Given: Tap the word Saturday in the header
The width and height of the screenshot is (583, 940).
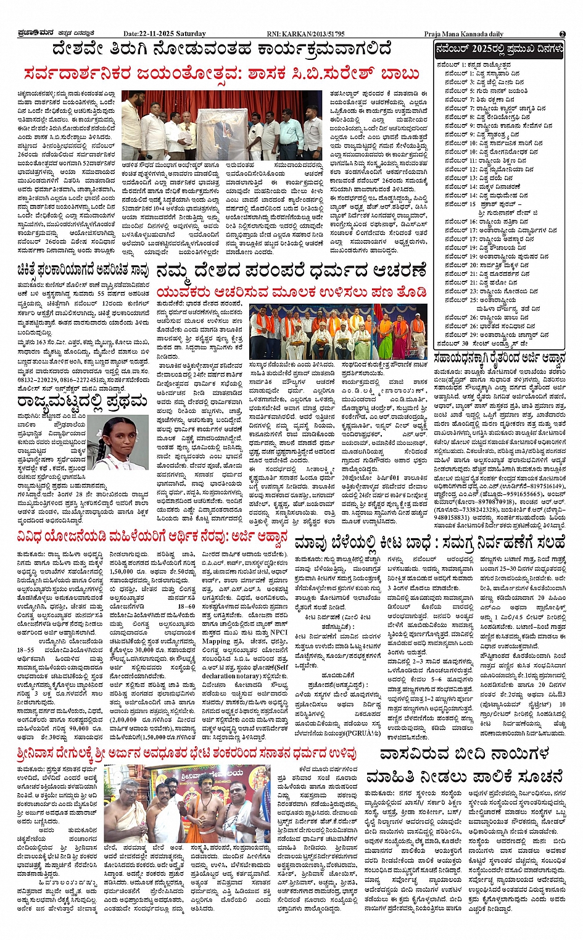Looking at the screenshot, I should click(190, 33).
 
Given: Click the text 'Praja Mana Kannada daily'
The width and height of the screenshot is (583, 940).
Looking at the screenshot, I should click(463, 34).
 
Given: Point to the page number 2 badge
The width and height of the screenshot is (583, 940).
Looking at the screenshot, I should click(562, 33).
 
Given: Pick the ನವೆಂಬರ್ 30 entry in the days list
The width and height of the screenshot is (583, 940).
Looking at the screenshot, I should click(481, 343).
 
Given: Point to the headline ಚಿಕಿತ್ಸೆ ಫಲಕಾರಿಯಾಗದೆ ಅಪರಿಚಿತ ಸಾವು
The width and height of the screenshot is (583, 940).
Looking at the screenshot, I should click(83, 269).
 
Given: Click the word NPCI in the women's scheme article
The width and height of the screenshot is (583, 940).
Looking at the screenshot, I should click(278, 632).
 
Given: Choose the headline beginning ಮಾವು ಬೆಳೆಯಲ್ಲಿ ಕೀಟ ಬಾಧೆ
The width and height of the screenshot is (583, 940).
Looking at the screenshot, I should click(429, 543).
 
